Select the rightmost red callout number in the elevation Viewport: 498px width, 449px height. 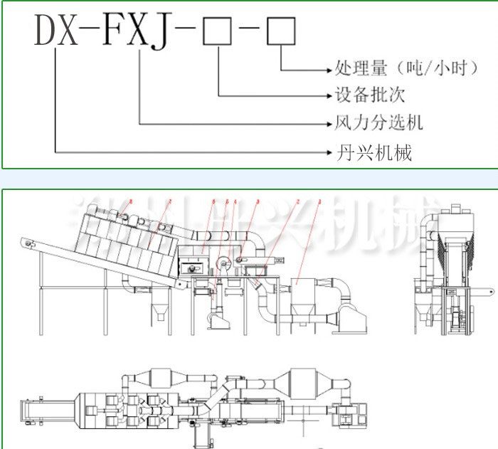[x=322, y=201]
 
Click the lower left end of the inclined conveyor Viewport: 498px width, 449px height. [x=28, y=245]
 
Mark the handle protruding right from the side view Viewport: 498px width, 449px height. [x=483, y=291]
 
